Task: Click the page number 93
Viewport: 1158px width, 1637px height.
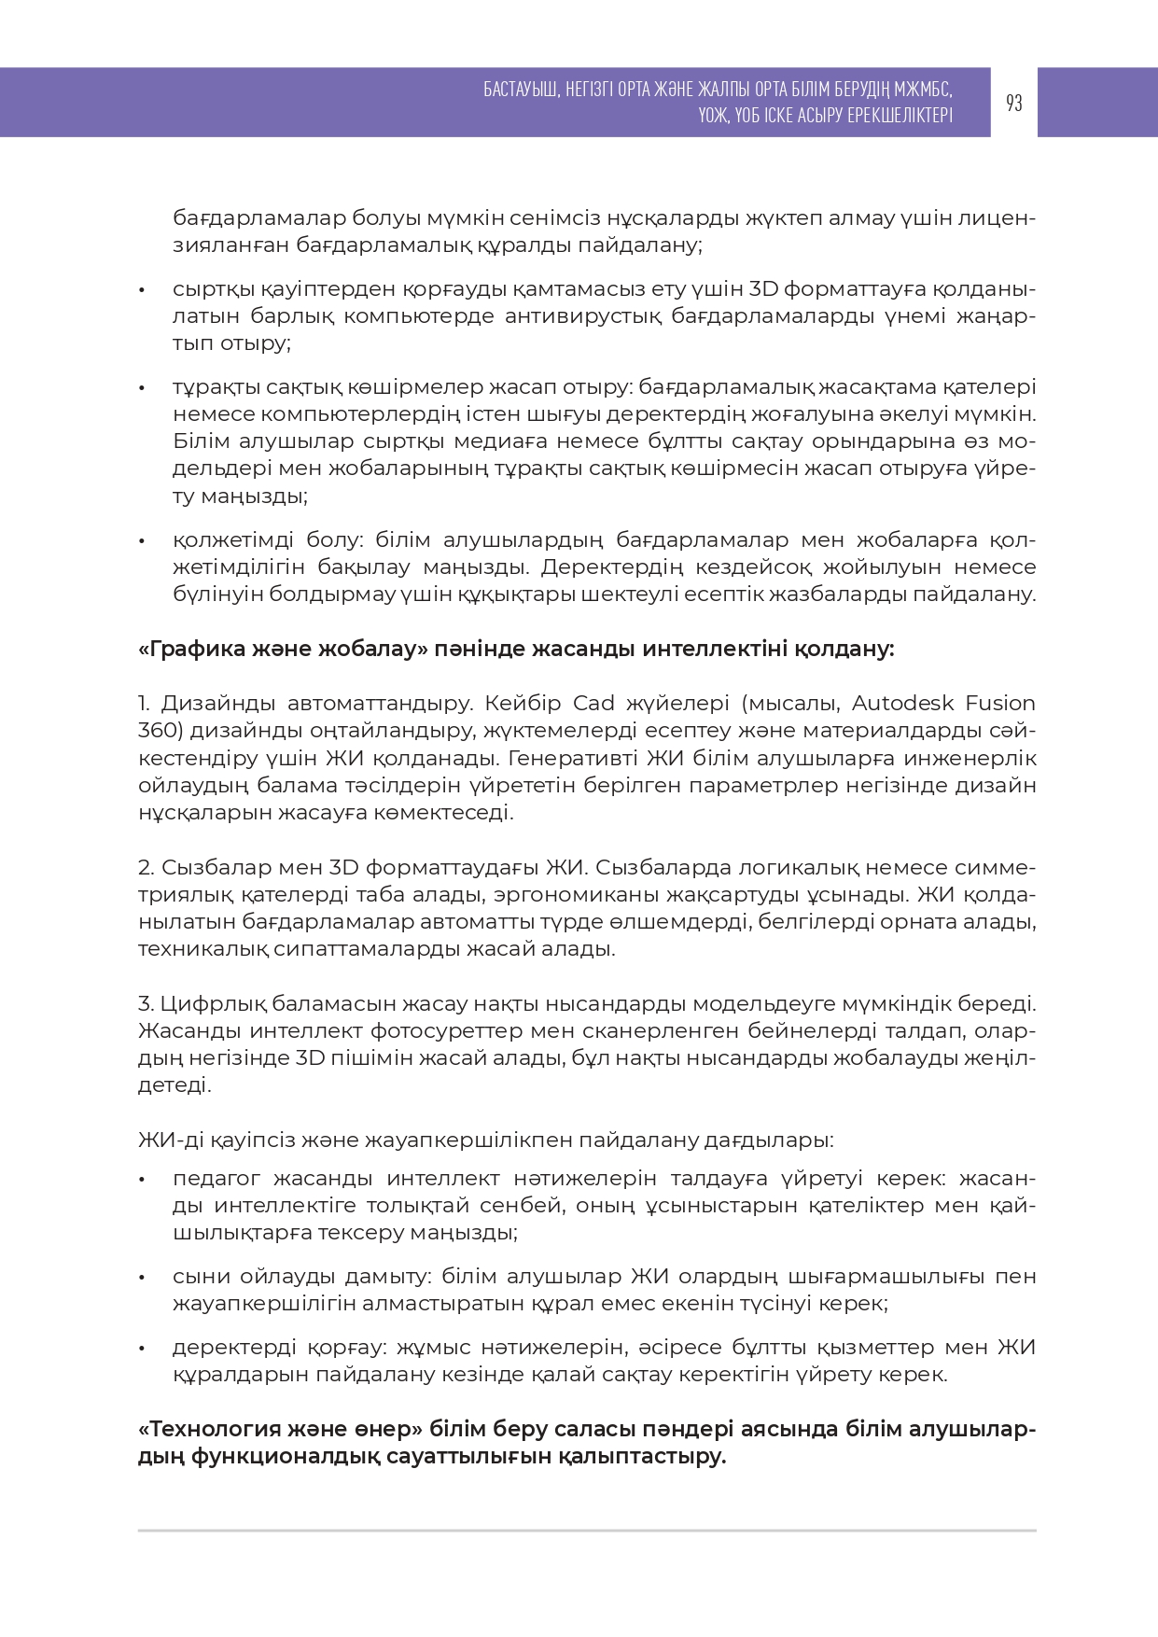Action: (1013, 103)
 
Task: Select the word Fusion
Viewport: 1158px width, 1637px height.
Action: (999, 703)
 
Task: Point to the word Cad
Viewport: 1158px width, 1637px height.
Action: (593, 703)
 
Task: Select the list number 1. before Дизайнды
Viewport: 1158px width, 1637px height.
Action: (145, 703)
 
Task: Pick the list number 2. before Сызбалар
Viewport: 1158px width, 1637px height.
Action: (146, 868)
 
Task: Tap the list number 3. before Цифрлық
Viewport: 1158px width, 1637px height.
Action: (146, 1004)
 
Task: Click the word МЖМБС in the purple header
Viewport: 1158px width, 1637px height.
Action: (923, 90)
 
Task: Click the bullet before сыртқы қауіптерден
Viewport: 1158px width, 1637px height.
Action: (142, 290)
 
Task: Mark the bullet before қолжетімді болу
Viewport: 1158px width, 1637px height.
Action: (142, 541)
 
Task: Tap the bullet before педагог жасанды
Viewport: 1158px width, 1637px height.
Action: (142, 1180)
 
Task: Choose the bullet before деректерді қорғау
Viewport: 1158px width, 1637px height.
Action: (142, 1349)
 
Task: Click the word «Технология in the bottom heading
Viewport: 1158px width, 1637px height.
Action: (209, 1430)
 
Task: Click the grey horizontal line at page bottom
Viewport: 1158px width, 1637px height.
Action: (587, 1531)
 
